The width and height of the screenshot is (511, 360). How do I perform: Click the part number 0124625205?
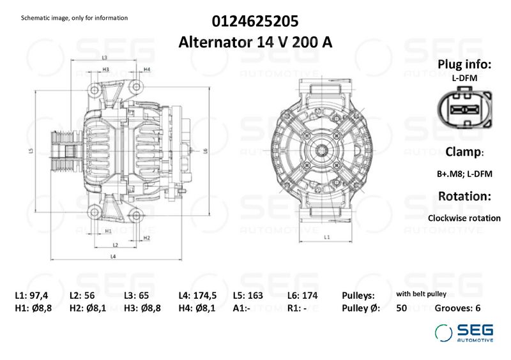pyautogui.click(x=255, y=22)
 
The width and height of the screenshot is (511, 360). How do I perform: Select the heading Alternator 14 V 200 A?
pyautogui.click(x=255, y=42)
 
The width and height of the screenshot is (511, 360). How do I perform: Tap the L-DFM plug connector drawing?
pyautogui.click(x=464, y=108)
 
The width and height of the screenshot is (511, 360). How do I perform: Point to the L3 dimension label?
pyautogui.click(x=105, y=58)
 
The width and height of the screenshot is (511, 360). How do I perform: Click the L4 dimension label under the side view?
pyautogui.click(x=113, y=257)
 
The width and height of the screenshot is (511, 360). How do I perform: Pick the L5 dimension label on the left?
pyautogui.click(x=31, y=151)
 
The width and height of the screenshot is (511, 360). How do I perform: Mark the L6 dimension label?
pyautogui.click(x=205, y=151)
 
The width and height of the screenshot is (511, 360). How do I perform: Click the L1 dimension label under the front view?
pyautogui.click(x=327, y=237)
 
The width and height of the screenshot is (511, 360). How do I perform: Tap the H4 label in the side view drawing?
pyautogui.click(x=147, y=70)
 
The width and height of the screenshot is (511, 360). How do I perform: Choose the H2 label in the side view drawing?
pyautogui.click(x=147, y=238)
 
